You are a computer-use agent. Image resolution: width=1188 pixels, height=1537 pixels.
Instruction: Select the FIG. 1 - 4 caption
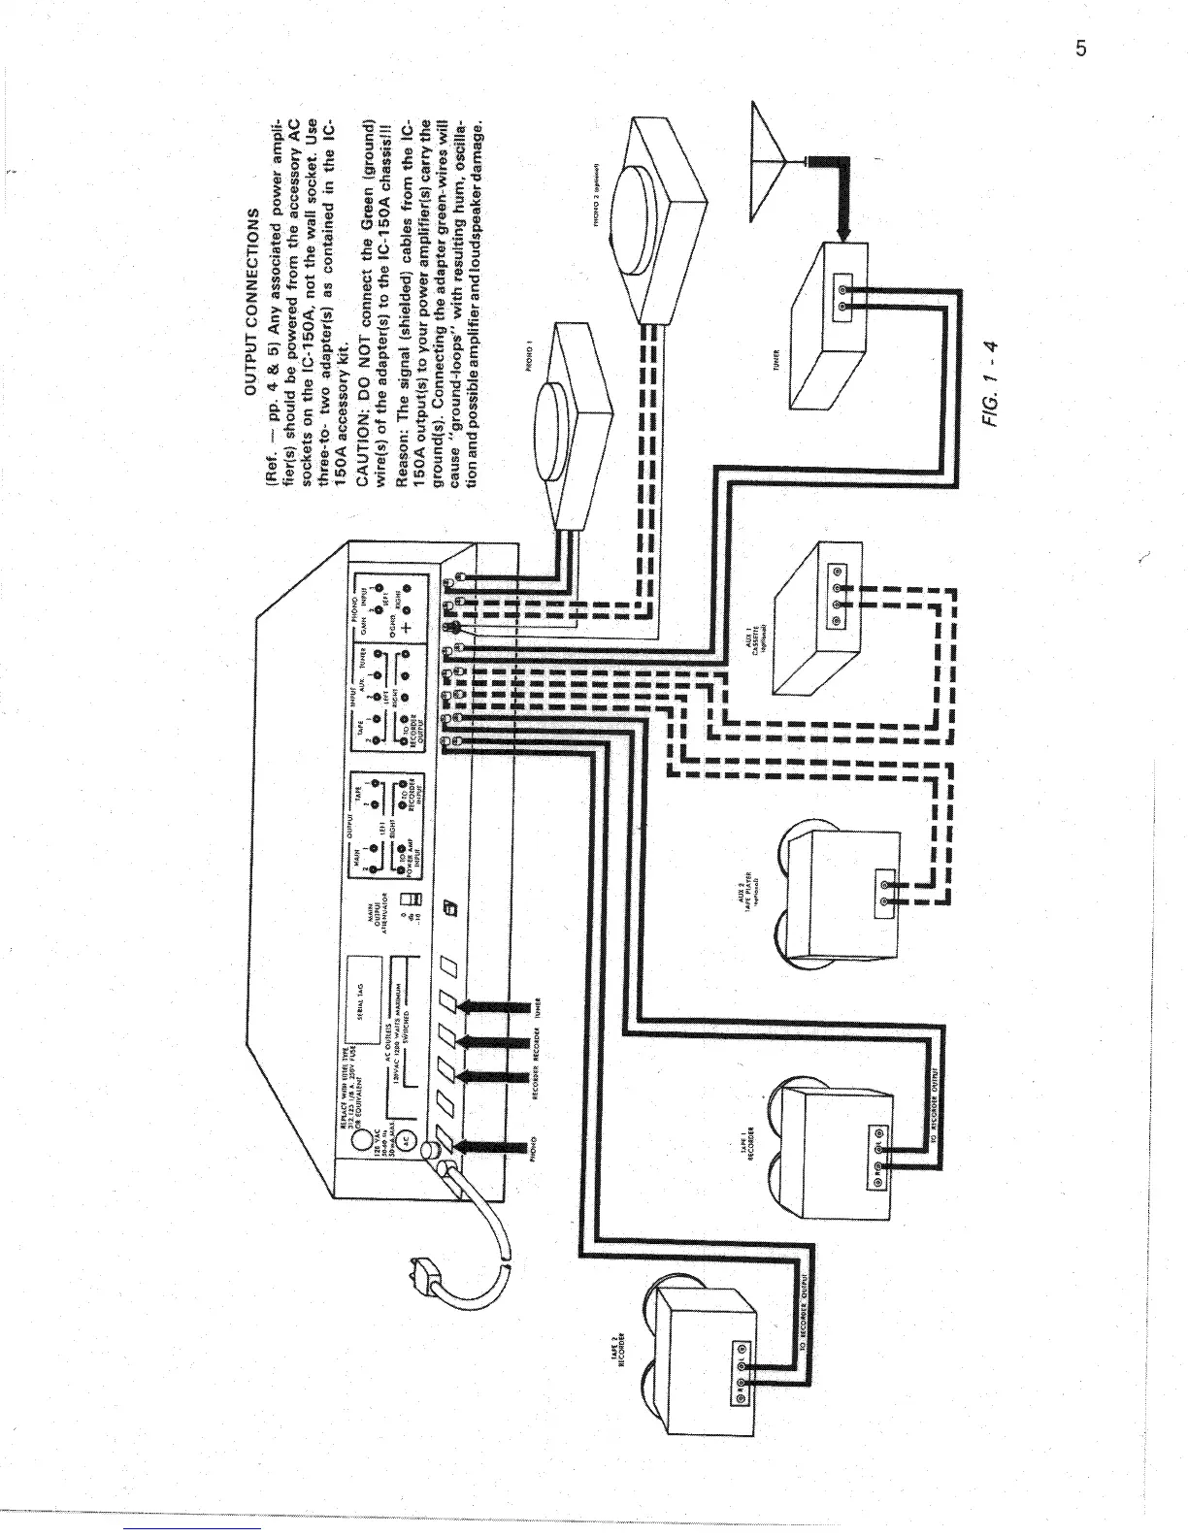(x=992, y=388)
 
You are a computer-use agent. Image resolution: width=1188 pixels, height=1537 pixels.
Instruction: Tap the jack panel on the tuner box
(x=842, y=295)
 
